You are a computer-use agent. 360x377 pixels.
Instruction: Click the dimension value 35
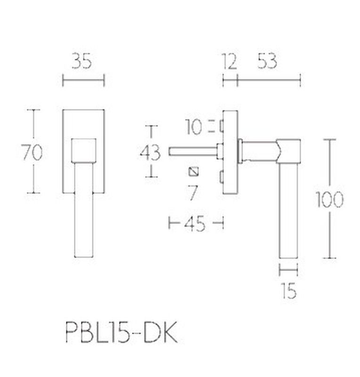click(82, 61)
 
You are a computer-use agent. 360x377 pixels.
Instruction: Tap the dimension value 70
click(32, 152)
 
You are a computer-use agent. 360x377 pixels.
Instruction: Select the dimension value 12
click(229, 62)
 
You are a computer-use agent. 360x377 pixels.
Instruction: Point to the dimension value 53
click(267, 61)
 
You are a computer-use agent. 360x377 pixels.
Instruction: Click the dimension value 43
click(150, 152)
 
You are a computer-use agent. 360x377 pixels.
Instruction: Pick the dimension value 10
click(193, 127)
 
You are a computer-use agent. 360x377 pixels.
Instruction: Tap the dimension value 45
click(195, 224)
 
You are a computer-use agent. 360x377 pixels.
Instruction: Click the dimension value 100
click(329, 199)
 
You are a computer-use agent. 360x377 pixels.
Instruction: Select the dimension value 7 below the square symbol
click(193, 192)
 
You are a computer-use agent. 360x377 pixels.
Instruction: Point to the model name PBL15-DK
click(122, 332)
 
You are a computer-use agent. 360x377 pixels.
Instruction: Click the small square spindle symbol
click(194, 172)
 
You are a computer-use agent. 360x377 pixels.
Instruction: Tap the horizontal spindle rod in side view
click(193, 151)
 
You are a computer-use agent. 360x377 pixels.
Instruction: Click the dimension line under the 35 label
click(83, 80)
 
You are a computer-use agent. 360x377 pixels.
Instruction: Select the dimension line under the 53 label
click(269, 80)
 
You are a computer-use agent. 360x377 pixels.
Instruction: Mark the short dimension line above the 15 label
click(288, 270)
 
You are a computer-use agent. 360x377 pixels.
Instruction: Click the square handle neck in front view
click(84, 151)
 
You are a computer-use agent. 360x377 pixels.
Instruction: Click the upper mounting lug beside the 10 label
click(221, 126)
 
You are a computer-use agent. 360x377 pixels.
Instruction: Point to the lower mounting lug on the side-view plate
click(221, 177)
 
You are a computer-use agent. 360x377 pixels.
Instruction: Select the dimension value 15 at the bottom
click(289, 291)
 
